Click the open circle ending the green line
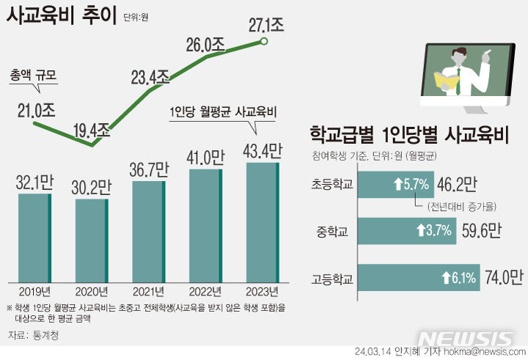pyautogui.click(x=264, y=42)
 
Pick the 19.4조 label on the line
pyautogui.click(x=92, y=131)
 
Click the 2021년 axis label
pyautogui.click(x=148, y=290)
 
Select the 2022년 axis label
pyautogui.click(x=205, y=290)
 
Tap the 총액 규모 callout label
pyautogui.click(x=33, y=76)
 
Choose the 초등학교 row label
pyautogui.click(x=332, y=186)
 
